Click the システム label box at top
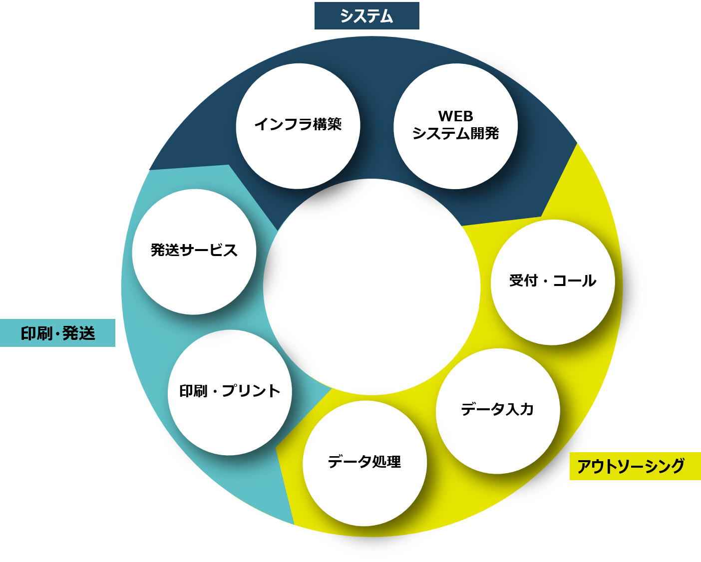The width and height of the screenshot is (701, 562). (x=366, y=16)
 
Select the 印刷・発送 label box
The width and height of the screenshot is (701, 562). (x=57, y=333)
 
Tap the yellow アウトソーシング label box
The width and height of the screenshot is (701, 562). (x=635, y=466)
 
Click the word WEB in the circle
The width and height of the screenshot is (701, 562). (x=455, y=116)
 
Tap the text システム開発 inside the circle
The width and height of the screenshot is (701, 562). (x=455, y=133)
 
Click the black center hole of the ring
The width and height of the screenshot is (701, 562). (x=371, y=286)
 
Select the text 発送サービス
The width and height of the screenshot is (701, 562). (x=194, y=250)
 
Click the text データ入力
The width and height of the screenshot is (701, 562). (x=497, y=409)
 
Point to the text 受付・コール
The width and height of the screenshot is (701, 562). (x=553, y=281)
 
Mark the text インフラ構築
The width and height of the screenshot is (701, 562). (x=298, y=124)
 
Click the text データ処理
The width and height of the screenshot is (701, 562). (x=364, y=462)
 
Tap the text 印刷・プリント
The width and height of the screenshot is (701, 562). (x=230, y=391)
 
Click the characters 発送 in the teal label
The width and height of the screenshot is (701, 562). (x=79, y=333)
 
